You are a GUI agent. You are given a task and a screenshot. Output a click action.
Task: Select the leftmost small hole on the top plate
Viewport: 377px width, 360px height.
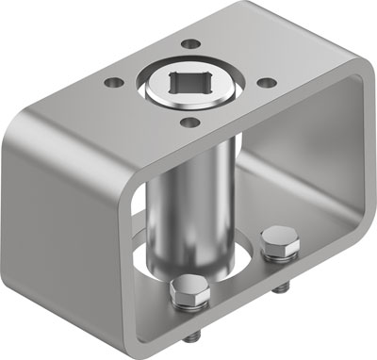[x=114, y=83]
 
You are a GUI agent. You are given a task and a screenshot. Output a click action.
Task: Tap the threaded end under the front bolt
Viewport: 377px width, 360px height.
[x=192, y=339]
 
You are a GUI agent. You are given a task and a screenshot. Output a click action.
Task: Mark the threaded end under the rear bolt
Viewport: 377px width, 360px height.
[x=282, y=290]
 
